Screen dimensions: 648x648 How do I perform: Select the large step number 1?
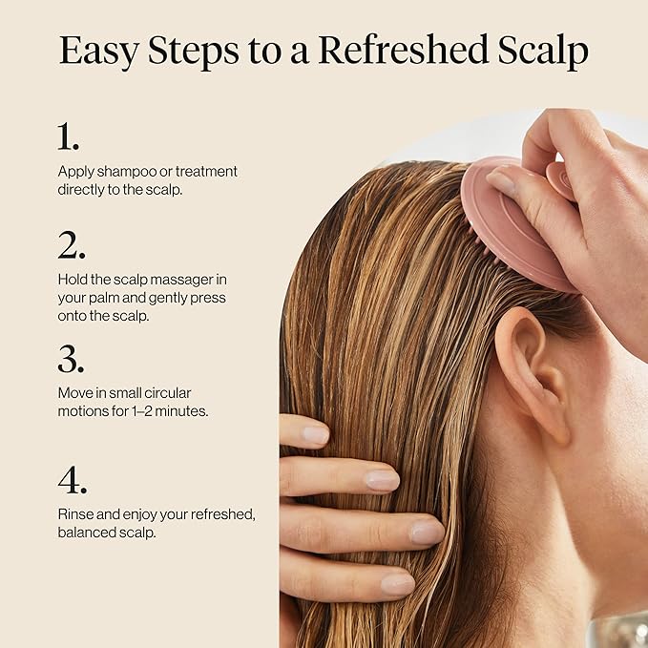tap(68, 137)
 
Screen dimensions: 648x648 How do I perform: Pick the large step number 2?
tap(71, 245)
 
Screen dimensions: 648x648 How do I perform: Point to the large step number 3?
tap(71, 359)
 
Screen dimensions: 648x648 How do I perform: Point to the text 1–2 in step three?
tap(155, 410)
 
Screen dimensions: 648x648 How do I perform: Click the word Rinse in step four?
tap(75, 514)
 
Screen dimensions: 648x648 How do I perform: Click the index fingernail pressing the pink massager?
tap(501, 180)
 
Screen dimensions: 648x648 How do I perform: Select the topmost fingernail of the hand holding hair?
tap(315, 434)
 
